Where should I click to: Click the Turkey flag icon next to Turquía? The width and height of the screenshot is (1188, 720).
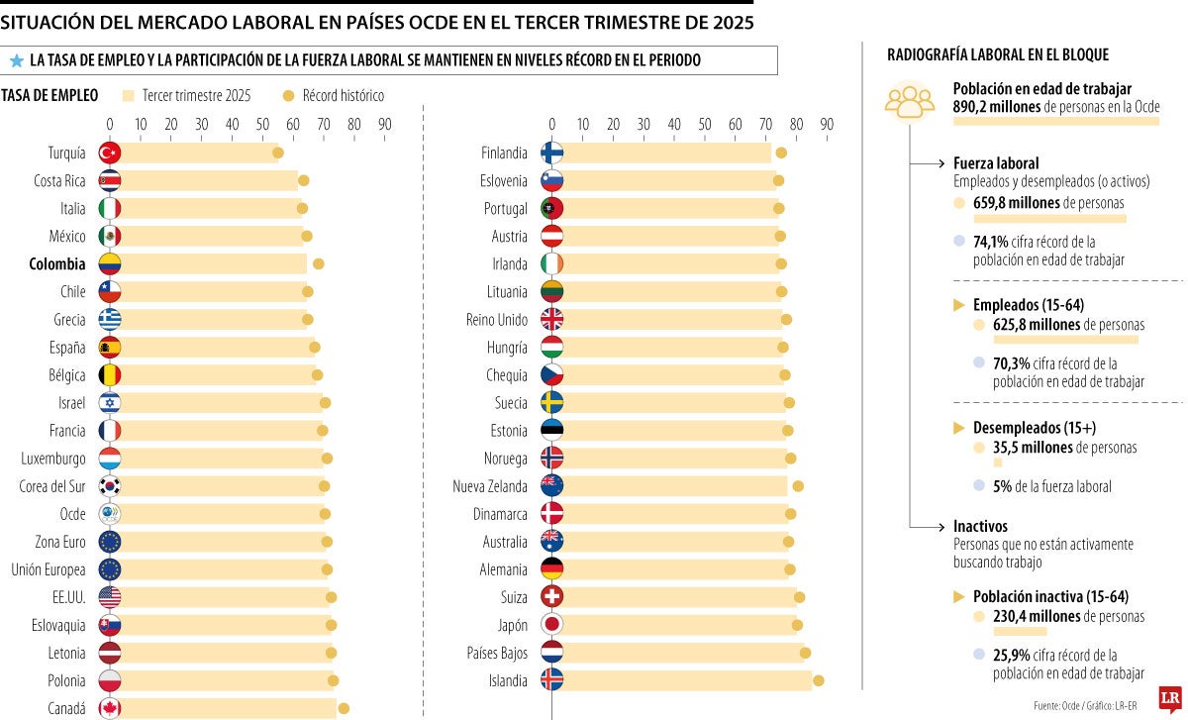(x=110, y=153)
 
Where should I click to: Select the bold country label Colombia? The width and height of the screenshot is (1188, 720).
(x=57, y=264)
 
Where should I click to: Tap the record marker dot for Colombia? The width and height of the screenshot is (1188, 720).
(x=319, y=263)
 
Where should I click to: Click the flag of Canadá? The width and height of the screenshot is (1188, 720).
(x=110, y=708)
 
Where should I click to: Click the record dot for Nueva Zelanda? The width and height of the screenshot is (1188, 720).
(x=798, y=485)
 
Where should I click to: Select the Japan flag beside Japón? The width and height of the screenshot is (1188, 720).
(x=552, y=625)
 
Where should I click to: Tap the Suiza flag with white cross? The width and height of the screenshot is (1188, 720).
(x=552, y=597)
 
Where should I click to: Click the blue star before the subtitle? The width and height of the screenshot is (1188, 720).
(x=16, y=61)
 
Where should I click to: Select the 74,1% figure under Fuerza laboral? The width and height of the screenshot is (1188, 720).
(x=990, y=241)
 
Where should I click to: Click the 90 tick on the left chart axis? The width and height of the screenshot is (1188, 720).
(x=384, y=124)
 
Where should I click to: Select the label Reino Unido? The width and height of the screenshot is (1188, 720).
(x=496, y=320)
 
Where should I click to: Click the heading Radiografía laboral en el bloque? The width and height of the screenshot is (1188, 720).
(x=998, y=55)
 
